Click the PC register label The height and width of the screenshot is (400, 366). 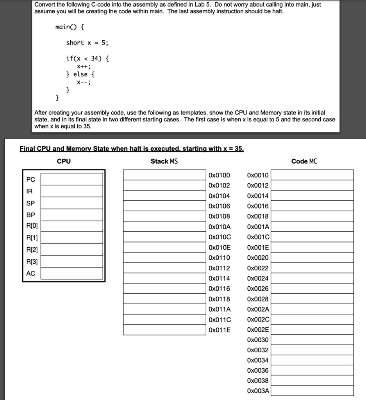click(30, 179)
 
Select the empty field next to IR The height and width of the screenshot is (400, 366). click(72, 191)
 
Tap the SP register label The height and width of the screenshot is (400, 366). click(30, 203)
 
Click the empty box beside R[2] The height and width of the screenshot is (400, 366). click(72, 249)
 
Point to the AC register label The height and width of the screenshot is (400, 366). click(30, 273)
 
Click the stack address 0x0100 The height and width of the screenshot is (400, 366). click(220, 175)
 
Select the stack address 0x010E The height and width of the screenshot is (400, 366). click(220, 247)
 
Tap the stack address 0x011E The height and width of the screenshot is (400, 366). click(220, 330)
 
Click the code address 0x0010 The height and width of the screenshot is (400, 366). click(258, 175)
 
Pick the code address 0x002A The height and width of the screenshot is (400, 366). click(258, 309)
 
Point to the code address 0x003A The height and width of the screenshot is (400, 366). click(258, 391)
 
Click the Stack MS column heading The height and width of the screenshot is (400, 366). click(164, 161)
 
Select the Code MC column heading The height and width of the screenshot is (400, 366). click(304, 161)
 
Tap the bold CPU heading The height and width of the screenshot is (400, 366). click(64, 161)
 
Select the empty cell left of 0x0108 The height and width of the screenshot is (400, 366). click(164, 216)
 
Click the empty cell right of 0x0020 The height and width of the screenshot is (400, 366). click(312, 258)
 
